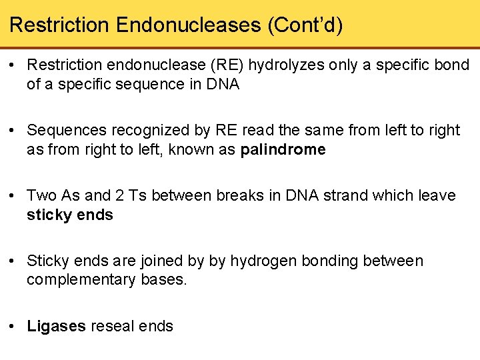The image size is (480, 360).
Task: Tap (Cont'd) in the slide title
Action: (305, 25)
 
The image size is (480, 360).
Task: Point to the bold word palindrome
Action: (283, 150)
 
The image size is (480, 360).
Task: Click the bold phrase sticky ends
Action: (70, 215)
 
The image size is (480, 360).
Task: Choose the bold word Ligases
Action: (56, 326)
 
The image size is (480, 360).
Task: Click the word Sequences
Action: (63, 131)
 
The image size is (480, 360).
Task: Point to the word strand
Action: (355, 196)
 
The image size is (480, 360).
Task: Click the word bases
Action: (165, 280)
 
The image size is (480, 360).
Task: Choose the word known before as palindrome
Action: (192, 150)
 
